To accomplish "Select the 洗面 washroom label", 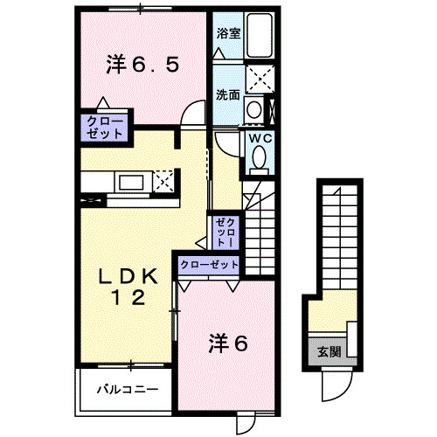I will coord(228,94).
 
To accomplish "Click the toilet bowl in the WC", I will coord(260,157).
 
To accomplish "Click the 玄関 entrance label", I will coord(329,352).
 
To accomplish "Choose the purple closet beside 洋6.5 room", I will coord(106,126).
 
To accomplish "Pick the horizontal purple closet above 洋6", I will coord(209,263).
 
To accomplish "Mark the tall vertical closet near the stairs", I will coord(225,232).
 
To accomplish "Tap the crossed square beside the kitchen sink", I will coord(163,182).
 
